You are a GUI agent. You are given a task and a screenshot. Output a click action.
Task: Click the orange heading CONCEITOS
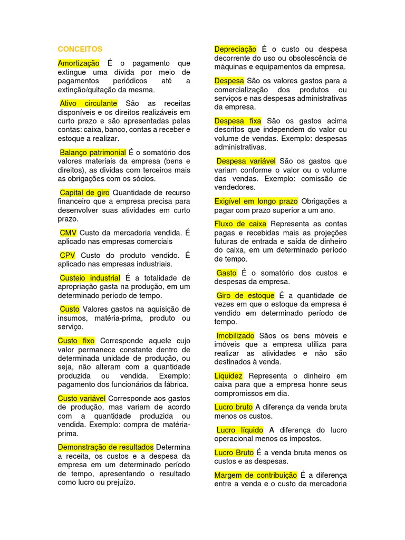[80, 49]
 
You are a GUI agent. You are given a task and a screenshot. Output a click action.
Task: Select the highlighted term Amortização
[79, 63]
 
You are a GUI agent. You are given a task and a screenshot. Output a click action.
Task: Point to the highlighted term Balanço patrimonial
[92, 152]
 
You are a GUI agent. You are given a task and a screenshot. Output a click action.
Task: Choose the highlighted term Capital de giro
[84, 192]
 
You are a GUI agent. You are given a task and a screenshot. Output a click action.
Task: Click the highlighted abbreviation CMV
[68, 233]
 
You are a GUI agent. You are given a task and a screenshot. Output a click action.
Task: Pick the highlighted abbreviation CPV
[68, 255]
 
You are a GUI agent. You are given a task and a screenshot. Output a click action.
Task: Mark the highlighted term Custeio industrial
[90, 278]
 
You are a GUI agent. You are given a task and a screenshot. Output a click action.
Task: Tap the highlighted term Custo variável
[82, 398]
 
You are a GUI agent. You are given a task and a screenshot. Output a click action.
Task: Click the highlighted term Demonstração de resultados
[106, 447]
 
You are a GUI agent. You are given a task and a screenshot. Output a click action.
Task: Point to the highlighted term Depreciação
[235, 50]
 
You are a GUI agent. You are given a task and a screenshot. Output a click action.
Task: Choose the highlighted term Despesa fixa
[238, 121]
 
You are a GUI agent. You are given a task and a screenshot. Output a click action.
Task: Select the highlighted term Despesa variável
[246, 161]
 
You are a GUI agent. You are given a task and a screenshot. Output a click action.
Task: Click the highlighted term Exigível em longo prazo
[256, 201]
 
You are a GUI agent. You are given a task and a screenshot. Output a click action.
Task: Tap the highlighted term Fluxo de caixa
[240, 224]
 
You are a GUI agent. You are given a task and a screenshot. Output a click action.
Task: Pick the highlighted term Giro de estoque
[245, 295]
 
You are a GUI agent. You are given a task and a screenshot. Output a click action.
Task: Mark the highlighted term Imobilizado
[235, 335]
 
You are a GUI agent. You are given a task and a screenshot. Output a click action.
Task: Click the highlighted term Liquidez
[229, 376]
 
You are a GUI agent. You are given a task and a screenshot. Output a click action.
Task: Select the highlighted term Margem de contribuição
[256, 475]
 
